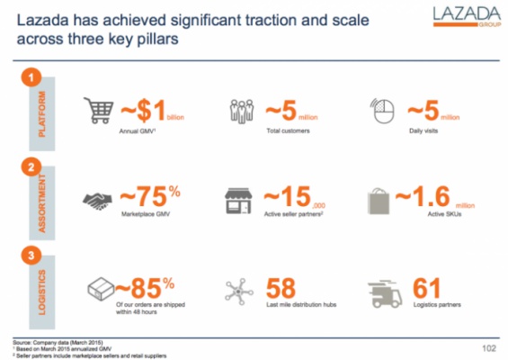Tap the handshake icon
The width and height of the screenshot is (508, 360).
(99, 201)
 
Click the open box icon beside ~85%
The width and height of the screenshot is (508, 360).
(99, 291)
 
